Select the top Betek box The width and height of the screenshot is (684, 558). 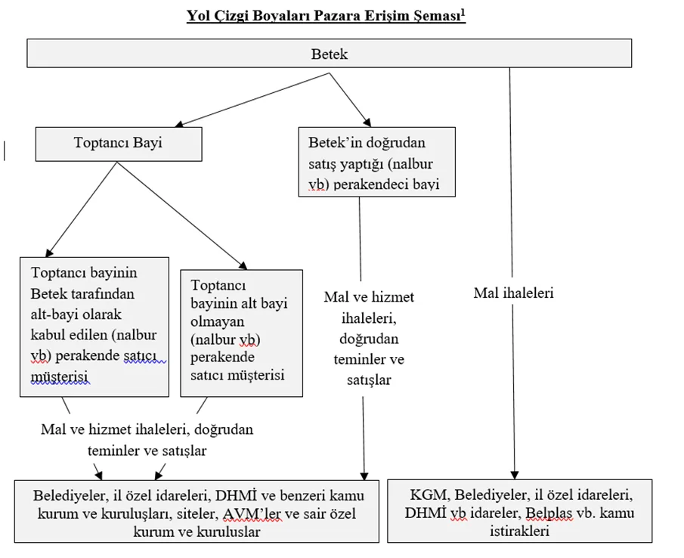click(x=330, y=53)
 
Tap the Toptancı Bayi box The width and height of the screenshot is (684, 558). click(x=119, y=144)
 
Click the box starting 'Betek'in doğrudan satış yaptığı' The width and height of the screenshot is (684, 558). click(x=377, y=162)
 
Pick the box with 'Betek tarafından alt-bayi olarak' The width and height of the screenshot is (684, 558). click(x=94, y=327)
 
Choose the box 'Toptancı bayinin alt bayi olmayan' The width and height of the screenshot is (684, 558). click(x=242, y=333)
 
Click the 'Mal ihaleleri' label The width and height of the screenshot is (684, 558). click(x=513, y=293)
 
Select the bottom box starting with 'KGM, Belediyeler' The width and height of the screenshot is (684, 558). click(x=519, y=511)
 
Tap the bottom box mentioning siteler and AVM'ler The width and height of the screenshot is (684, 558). click(x=197, y=511)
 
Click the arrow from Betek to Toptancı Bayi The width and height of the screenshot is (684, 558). click(x=252, y=100)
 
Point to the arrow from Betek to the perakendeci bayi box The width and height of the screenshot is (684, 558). click(x=350, y=100)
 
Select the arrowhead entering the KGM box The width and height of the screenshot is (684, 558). click(x=515, y=475)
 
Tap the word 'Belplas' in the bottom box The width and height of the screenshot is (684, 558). click(x=549, y=513)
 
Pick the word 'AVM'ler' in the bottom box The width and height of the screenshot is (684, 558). click(x=252, y=513)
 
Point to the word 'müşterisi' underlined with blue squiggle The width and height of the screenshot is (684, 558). click(x=59, y=376)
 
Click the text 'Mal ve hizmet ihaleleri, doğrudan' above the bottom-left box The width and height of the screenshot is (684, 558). click(x=147, y=429)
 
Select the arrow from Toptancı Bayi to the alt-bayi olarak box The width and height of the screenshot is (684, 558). click(x=81, y=209)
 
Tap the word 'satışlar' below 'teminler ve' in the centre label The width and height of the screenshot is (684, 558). click(x=369, y=380)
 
